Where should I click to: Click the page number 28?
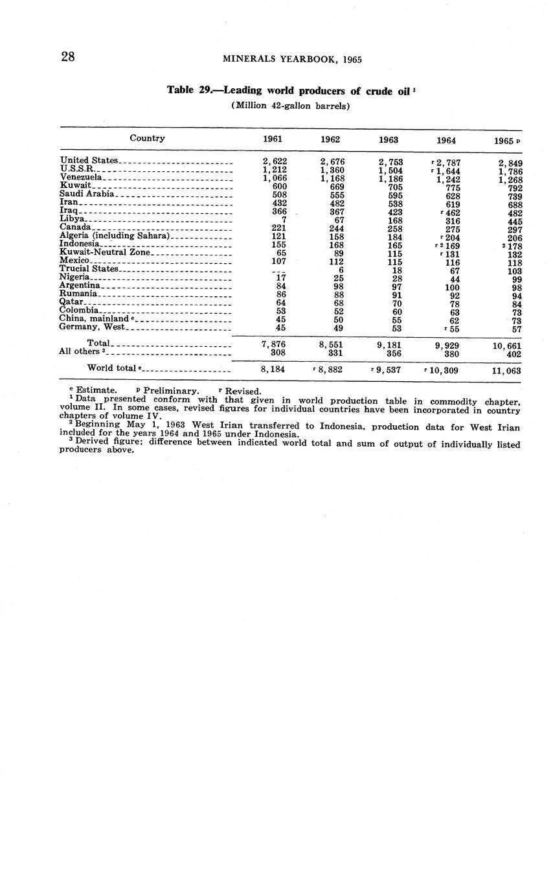[68, 57]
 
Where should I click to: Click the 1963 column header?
[389, 139]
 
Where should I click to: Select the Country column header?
[147, 138]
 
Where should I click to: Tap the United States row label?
[89, 160]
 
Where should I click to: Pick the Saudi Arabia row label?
[87, 193]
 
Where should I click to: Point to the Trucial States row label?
[89, 268]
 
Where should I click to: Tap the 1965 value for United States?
[511, 163]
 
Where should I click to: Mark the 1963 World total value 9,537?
[390, 370]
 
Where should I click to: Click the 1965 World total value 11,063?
[506, 371]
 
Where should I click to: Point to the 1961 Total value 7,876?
[274, 345]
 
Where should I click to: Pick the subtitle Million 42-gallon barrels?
[290, 106]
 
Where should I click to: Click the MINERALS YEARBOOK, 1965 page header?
[292, 59]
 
